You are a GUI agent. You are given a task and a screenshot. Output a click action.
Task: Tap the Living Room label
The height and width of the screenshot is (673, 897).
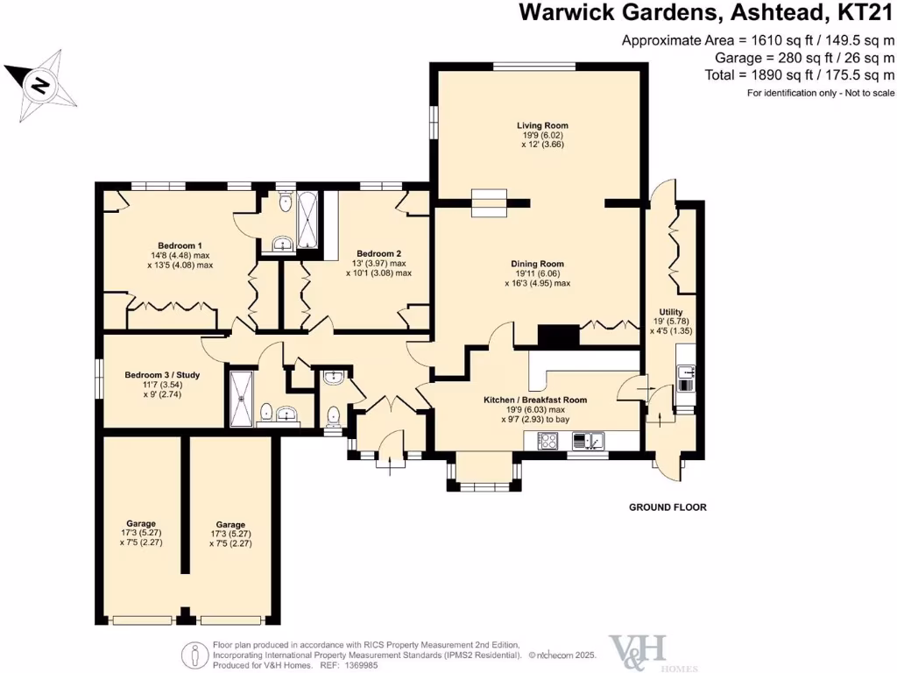tap(541, 126)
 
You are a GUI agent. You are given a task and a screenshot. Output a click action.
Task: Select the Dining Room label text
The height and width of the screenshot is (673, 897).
tap(537, 264)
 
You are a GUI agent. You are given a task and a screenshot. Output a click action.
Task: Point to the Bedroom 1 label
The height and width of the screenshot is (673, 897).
tap(180, 245)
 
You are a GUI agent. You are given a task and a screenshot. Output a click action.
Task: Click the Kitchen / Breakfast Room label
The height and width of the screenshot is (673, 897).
tap(535, 400)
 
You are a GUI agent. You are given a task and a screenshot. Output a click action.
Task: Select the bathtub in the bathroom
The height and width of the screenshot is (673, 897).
tap(310, 222)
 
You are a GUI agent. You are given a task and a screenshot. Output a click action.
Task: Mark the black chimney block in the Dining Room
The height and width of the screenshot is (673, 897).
tap(558, 336)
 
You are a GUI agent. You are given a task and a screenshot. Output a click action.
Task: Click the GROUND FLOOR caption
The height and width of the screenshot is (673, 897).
tap(667, 507)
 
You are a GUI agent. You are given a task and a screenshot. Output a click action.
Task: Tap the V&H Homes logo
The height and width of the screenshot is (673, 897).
tap(639, 649)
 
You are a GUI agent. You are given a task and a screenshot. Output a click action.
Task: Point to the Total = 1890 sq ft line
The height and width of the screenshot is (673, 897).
tap(800, 74)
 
